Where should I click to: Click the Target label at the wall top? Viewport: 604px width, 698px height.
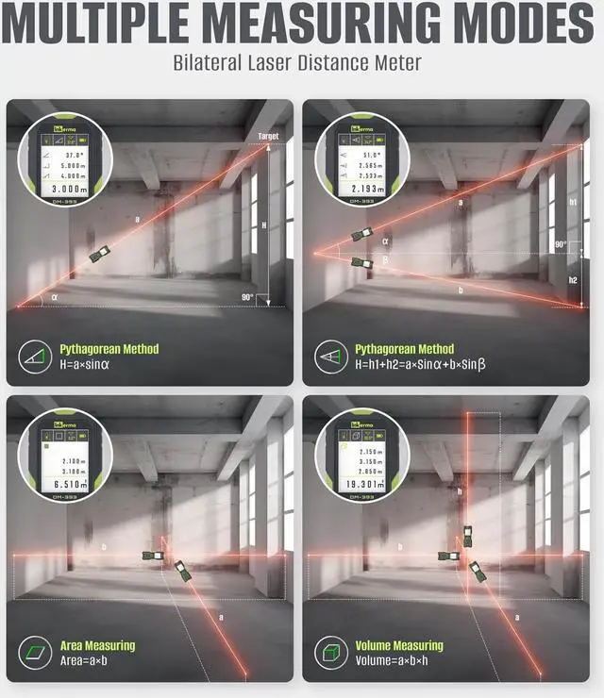click(269, 137)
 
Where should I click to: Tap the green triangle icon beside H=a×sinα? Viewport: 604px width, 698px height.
click(35, 357)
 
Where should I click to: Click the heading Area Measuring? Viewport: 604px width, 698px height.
click(97, 646)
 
